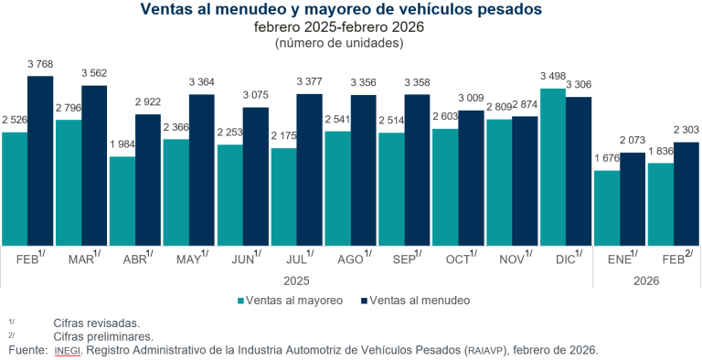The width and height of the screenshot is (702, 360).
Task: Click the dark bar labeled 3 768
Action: [x=40, y=160]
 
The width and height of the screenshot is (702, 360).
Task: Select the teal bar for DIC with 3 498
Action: [x=553, y=166]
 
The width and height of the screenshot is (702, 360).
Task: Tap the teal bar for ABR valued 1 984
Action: [x=122, y=200]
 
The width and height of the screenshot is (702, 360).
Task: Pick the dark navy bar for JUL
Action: [x=310, y=169]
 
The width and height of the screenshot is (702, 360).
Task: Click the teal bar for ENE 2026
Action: [x=607, y=207]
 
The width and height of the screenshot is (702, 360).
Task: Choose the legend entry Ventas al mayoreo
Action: [x=290, y=299]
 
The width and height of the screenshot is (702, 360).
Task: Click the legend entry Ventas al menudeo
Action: [x=417, y=299]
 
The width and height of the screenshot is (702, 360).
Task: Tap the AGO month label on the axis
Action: [x=352, y=259]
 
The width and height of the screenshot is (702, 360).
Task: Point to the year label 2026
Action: [x=646, y=278]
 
